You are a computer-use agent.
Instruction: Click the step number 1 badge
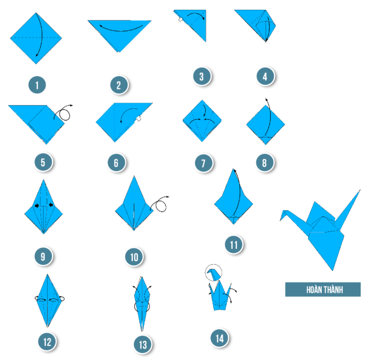tap(37, 85)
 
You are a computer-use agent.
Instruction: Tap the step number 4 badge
tap(265, 77)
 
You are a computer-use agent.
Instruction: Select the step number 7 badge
tap(204, 163)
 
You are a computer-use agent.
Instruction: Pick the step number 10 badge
tap(134, 257)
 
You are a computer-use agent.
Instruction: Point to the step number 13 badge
tap(143, 345)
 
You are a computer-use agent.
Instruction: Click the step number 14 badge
tap(219, 338)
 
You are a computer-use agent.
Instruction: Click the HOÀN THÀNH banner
tap(323, 289)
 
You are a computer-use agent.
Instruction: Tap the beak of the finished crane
tap(282, 216)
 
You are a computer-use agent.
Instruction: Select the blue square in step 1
tap(36, 38)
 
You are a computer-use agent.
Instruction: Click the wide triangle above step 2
tap(119, 35)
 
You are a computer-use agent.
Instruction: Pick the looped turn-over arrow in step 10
tap(159, 204)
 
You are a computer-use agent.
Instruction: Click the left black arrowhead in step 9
tap(37, 205)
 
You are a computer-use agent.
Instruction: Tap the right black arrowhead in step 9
tap(51, 205)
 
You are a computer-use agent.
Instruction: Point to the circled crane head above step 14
tap(213, 273)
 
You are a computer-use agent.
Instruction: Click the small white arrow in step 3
tap(180, 20)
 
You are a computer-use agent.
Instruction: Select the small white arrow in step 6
tap(138, 118)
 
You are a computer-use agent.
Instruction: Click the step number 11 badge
tap(234, 245)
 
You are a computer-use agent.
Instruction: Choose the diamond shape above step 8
tap(265, 125)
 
